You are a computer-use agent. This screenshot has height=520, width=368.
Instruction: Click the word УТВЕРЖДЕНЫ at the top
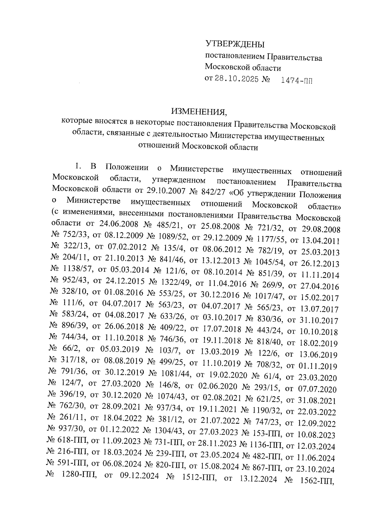235,44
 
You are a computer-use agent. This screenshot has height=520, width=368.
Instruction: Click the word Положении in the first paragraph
127,168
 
